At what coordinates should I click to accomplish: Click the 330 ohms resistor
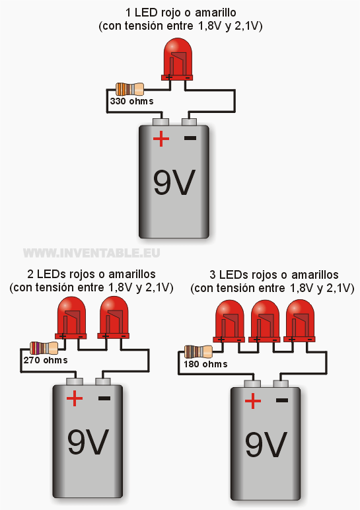(x=129, y=89)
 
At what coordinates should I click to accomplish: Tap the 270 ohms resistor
(x=44, y=348)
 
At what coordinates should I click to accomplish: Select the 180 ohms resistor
(x=198, y=351)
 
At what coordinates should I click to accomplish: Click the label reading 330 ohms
(x=131, y=101)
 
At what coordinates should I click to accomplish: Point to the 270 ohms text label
(x=46, y=360)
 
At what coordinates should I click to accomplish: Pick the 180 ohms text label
(x=205, y=363)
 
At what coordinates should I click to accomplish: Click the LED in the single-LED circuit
(x=177, y=59)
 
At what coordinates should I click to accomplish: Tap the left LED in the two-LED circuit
(x=71, y=318)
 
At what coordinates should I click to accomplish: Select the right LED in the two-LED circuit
(x=114, y=318)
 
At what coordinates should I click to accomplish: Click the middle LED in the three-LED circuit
(x=265, y=321)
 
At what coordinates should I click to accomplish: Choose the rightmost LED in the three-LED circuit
(x=300, y=321)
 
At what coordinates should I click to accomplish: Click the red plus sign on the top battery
(x=161, y=139)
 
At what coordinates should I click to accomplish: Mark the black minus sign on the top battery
(x=190, y=138)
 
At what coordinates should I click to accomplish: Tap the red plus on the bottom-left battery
(x=75, y=398)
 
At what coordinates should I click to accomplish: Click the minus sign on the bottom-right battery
(x=282, y=400)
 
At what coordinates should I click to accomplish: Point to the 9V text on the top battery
(x=174, y=182)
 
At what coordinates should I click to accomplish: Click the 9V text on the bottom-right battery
(x=266, y=444)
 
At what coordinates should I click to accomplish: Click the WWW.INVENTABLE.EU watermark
(x=92, y=253)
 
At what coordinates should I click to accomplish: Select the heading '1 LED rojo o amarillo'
(x=181, y=13)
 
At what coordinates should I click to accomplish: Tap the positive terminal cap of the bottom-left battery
(x=75, y=381)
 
